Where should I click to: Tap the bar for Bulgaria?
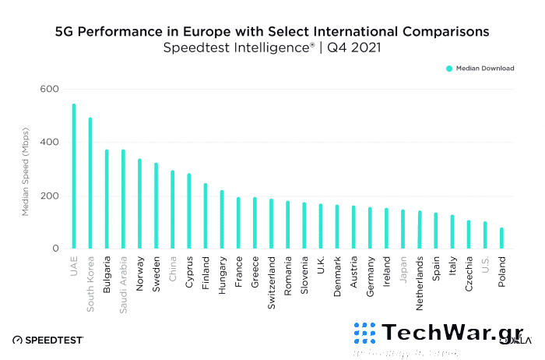pos(107,199)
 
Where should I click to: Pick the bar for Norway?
pos(139,204)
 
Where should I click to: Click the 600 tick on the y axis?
pos(50,89)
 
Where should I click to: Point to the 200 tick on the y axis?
pos(50,196)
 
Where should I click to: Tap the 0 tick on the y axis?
pos(55,249)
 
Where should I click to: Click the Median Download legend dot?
pos(449,69)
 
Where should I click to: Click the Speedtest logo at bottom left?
pos(48,340)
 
